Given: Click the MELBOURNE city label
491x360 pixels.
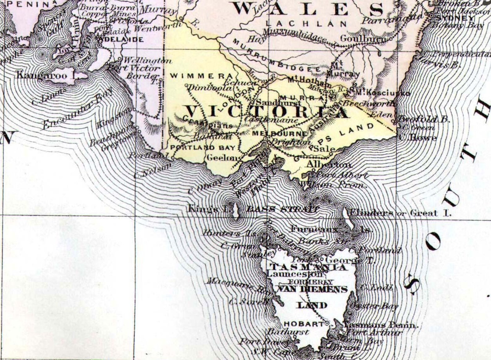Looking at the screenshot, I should (280, 134).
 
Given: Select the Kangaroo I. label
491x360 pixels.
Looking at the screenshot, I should (46, 75).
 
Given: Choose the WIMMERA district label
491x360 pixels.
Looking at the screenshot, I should (202, 76).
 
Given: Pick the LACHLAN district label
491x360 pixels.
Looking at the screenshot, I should (306, 24).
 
